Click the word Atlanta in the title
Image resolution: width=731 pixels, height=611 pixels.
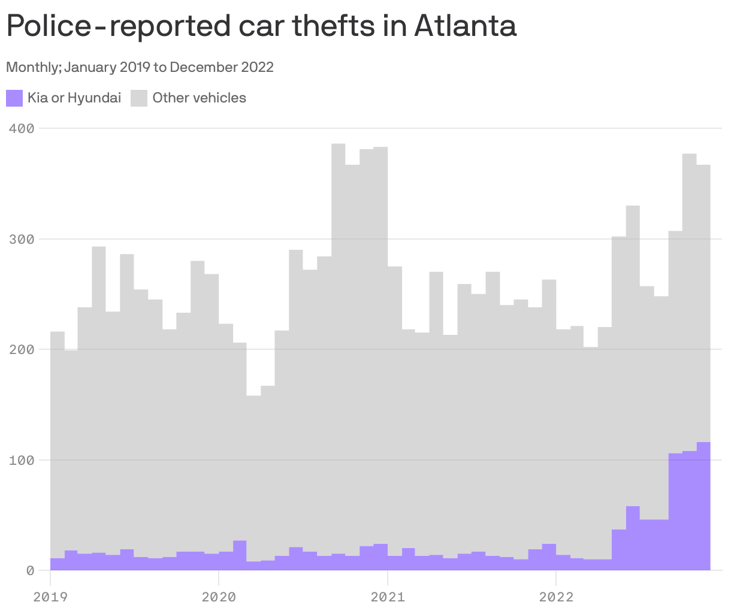(464, 26)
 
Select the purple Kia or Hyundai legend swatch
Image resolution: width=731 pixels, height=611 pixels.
(14, 98)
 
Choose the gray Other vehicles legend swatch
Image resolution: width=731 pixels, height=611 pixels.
(139, 98)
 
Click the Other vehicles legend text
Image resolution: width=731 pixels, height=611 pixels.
(199, 98)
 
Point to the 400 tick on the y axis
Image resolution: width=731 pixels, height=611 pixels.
(22, 128)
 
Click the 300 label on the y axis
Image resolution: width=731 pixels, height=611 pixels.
(22, 239)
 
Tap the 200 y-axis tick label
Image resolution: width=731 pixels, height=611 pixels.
(22, 349)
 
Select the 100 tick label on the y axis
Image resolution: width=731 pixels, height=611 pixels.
(22, 460)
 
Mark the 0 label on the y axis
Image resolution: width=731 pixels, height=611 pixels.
(29, 570)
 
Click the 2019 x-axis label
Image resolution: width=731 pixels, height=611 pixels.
(50, 597)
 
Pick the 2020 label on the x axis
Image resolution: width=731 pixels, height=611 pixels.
(219, 597)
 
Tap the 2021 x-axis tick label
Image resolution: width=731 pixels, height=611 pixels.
(388, 597)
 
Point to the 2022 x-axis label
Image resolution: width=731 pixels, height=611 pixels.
(556, 597)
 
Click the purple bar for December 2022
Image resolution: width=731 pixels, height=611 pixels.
(703, 509)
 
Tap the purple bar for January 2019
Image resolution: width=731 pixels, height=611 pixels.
(58, 564)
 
